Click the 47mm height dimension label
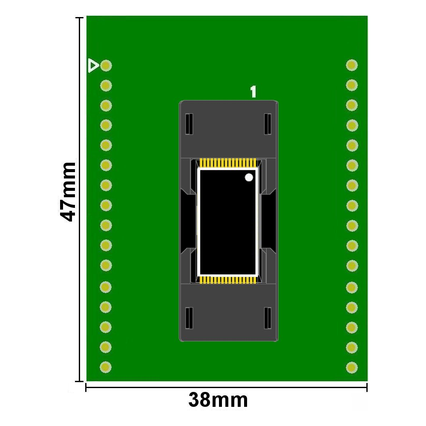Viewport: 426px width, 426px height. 67,192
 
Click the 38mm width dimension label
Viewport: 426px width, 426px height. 218,400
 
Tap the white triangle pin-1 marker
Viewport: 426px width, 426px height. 93,66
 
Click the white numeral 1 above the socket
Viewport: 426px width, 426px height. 253,92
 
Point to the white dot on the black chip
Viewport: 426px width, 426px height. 249,177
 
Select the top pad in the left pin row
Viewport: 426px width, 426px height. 106,66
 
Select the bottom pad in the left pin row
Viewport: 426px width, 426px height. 106,367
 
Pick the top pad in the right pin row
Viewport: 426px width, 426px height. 352,65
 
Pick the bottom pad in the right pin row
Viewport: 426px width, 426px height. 352,368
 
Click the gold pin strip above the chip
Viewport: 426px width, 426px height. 228,163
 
